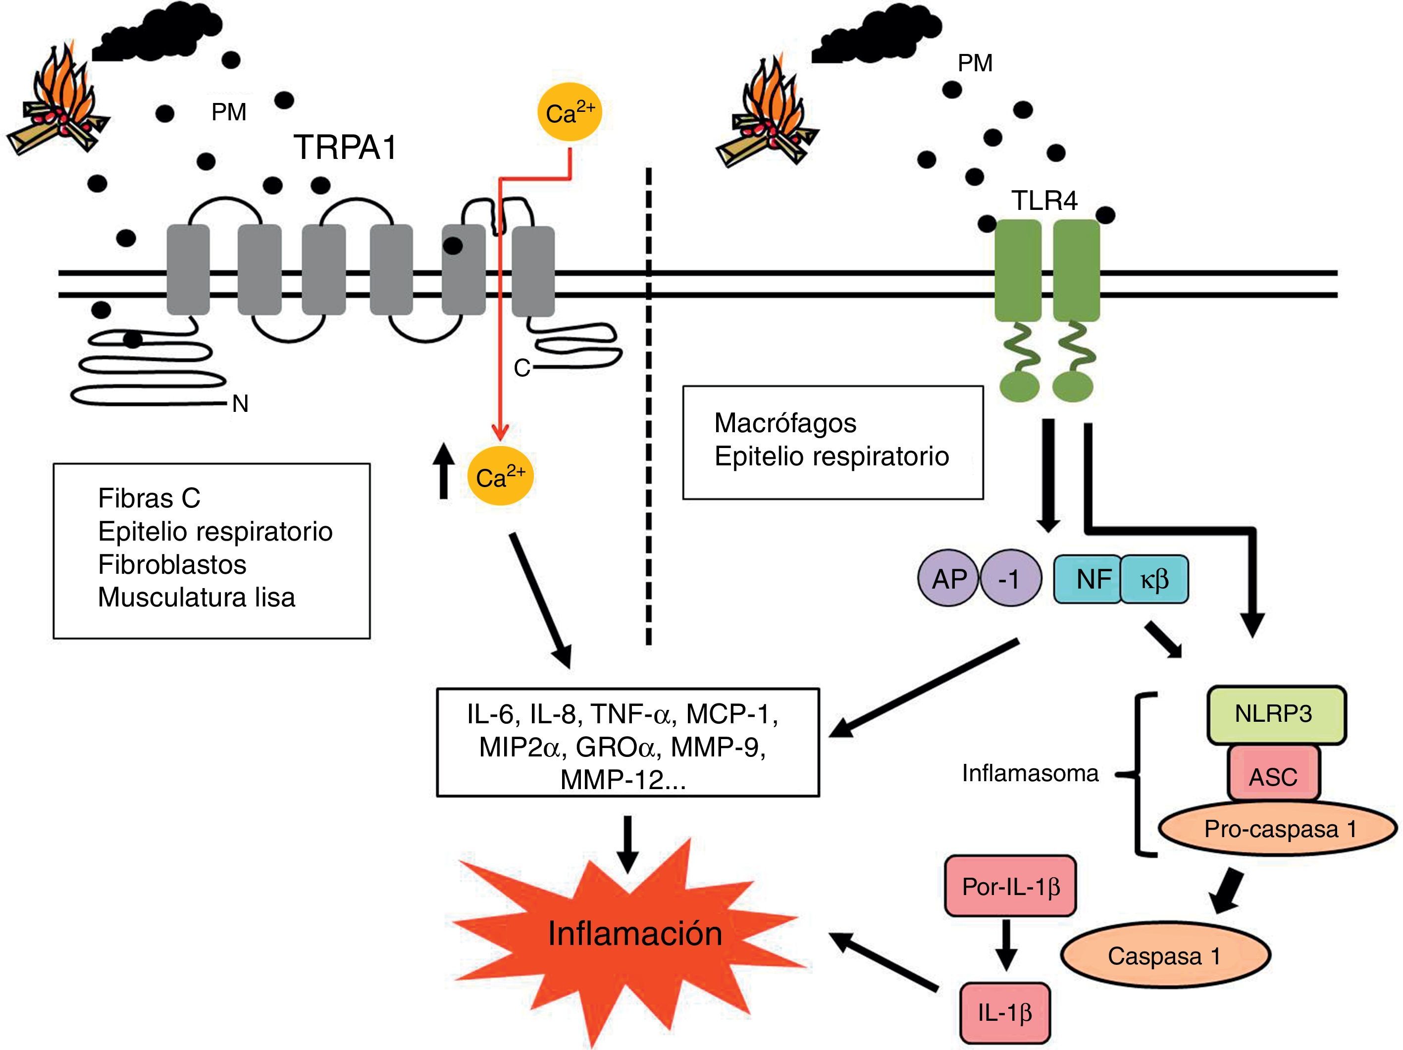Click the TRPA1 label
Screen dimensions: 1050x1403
pyautogui.click(x=345, y=148)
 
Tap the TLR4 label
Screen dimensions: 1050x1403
pyautogui.click(x=1044, y=201)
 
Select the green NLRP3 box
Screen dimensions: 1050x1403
pyautogui.click(x=1276, y=714)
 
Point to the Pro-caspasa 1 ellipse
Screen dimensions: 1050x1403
pyautogui.click(x=1278, y=829)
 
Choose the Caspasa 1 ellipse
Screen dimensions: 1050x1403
pyautogui.click(x=1164, y=956)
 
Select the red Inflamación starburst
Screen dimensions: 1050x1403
pyautogui.click(x=634, y=935)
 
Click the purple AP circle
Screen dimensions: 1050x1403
pyautogui.click(x=949, y=579)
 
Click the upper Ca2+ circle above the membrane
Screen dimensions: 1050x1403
pyautogui.click(x=570, y=113)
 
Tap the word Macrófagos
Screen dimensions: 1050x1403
pyautogui.click(x=785, y=423)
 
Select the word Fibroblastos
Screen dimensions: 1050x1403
pyautogui.click(x=172, y=564)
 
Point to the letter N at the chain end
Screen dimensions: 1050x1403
pyautogui.click(x=240, y=403)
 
